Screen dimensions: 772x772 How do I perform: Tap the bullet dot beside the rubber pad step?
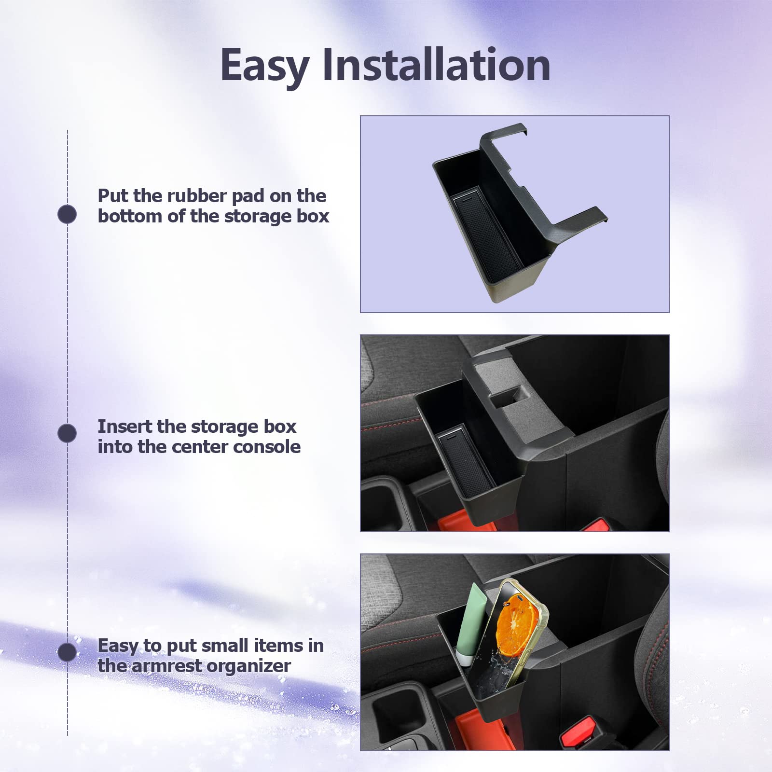tap(67, 214)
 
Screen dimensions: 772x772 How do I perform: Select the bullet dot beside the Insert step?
tap(67, 433)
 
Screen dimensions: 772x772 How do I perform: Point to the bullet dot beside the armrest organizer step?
tap(67, 652)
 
